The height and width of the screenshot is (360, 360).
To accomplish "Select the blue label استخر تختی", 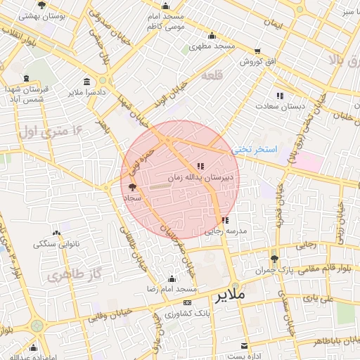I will (256, 149).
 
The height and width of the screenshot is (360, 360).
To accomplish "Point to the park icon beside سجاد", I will (133, 187).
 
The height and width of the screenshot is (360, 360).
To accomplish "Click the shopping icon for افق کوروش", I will (257, 51).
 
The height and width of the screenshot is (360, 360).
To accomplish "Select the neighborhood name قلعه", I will (212, 75).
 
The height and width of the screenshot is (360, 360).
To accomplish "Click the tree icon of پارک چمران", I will (274, 259).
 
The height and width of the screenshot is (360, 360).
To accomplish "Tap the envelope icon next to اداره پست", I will (244, 346).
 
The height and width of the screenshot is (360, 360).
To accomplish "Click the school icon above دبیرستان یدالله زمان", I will (200, 167).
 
